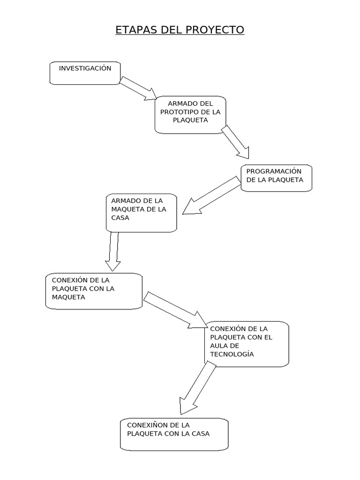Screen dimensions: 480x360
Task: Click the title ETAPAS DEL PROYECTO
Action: pyautogui.click(x=180, y=30)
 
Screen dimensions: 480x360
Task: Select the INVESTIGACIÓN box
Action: pyautogui.click(x=85, y=73)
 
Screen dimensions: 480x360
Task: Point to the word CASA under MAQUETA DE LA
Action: pyautogui.click(x=120, y=218)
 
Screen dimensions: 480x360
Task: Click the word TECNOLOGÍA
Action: pyautogui.click(x=232, y=354)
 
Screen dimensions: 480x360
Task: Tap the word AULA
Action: pyautogui.click(x=219, y=345)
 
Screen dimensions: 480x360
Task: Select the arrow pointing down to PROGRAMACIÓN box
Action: pyautogui.click(x=236, y=142)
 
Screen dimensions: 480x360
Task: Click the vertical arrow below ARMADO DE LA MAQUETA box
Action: pyautogui.click(x=112, y=251)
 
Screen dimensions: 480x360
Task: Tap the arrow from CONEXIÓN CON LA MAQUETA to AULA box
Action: pyautogui.click(x=174, y=310)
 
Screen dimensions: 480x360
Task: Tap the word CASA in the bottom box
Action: pyautogui.click(x=200, y=434)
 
